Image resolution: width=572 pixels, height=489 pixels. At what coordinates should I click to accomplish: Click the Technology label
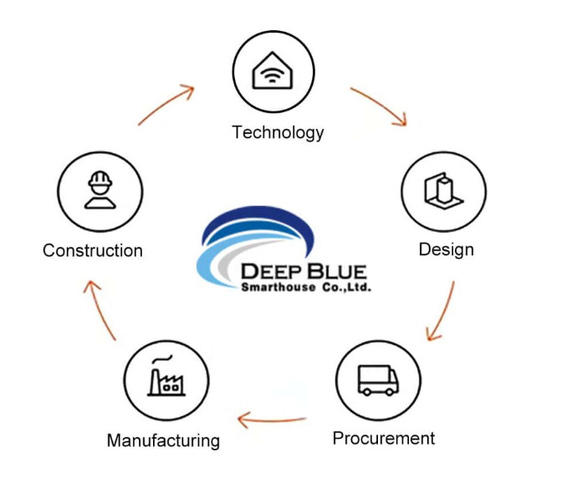tap(278, 132)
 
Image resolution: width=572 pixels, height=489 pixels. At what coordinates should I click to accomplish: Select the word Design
tap(446, 250)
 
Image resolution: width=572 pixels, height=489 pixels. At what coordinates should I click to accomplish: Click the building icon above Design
tap(444, 192)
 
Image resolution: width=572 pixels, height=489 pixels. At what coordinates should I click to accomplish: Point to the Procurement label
tap(384, 438)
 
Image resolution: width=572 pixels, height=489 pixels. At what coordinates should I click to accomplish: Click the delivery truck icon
tap(378, 380)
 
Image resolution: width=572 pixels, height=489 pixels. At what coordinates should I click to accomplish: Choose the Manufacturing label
tap(163, 440)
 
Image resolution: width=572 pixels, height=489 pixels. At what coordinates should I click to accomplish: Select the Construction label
tap(93, 250)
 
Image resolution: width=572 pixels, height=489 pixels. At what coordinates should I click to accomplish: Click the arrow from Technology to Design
tap(379, 106)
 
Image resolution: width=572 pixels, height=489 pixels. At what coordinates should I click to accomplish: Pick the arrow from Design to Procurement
tap(441, 311)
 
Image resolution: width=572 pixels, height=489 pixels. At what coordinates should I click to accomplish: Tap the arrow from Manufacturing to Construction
tap(101, 310)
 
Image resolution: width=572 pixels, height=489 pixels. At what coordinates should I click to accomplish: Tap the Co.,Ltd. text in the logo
tap(345, 287)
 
